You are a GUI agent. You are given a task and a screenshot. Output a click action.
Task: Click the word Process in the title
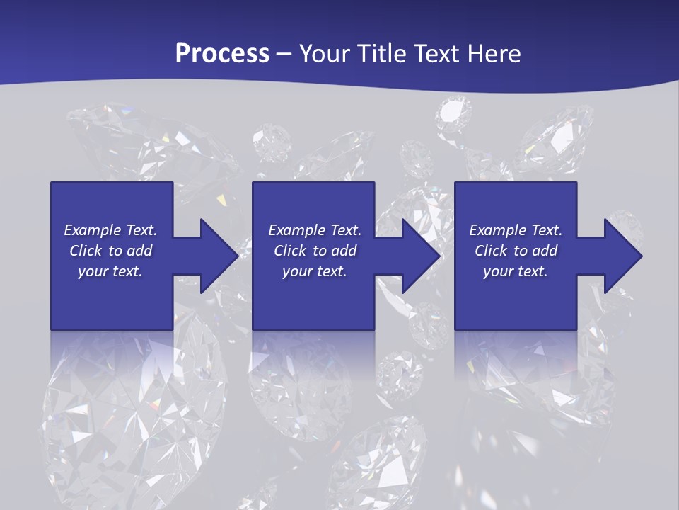[222, 54]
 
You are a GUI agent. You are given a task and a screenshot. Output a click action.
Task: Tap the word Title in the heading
[381, 54]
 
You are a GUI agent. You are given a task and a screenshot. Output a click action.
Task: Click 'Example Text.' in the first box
[110, 230]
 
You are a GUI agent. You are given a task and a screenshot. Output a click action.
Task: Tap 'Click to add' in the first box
[110, 251]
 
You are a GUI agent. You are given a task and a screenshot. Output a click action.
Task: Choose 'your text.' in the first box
[110, 271]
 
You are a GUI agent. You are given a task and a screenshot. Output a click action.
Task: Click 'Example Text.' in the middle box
[315, 230]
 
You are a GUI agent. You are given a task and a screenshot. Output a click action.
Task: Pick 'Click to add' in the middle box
[315, 251]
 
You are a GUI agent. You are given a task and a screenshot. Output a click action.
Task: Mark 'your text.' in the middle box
[315, 271]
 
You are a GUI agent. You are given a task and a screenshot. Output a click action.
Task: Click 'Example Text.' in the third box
[516, 230]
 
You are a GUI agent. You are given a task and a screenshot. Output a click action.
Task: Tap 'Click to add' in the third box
[516, 251]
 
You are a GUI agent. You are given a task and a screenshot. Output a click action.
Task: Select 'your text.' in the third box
[516, 271]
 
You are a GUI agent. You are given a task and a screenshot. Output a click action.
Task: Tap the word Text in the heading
[437, 54]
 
